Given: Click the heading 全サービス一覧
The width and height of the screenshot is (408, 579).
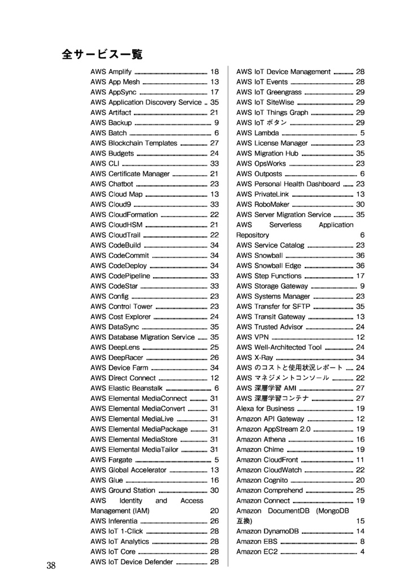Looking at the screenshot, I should [x=102, y=55].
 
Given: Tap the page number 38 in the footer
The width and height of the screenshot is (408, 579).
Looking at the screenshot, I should [x=51, y=566].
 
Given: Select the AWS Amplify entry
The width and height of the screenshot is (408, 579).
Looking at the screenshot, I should [x=111, y=72].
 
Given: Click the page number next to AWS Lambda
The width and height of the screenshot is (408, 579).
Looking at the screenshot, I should [x=362, y=133].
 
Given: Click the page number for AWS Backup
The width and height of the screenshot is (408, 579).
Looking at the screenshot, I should [x=216, y=123].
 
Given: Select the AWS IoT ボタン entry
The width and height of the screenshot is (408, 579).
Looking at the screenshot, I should [x=262, y=123].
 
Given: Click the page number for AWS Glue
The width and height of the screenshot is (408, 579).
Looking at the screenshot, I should [x=214, y=480].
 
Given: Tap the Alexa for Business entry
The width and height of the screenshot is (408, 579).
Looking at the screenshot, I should [x=265, y=409].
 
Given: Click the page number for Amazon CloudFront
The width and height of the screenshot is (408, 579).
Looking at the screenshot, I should [x=360, y=460].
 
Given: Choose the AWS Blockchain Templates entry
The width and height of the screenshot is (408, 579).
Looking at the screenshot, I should [x=134, y=143].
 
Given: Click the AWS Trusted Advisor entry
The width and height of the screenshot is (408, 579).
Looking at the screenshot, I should [x=270, y=327].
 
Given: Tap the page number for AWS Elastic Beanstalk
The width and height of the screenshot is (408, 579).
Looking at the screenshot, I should [x=216, y=388].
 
